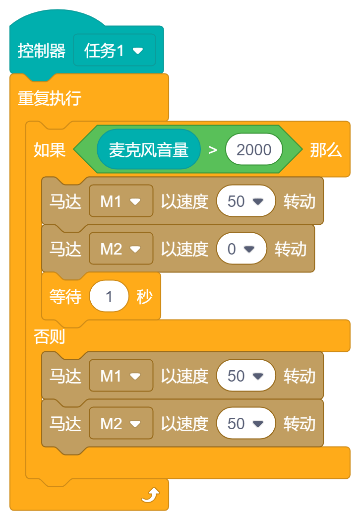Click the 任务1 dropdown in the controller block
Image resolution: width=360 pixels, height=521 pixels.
114,50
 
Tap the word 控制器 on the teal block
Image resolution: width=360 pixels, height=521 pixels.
41,51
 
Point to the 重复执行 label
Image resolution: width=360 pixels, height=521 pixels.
49,98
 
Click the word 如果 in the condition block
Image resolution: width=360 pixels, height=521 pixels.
49,150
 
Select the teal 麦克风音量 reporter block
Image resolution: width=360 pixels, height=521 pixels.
148,150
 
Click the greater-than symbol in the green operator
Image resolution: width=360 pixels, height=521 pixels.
213,150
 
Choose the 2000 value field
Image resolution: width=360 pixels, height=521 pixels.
254,150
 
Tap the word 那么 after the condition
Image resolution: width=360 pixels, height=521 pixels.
325,150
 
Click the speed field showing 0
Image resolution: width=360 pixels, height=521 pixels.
241,249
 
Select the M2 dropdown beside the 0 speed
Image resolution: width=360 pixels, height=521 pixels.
120,249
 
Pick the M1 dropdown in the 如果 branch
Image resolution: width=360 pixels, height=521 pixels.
120,201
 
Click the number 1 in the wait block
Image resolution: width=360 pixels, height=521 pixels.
109,297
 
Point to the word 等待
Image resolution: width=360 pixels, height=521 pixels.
65,297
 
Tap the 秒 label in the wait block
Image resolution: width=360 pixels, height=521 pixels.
144,297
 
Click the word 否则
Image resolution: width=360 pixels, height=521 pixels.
49,337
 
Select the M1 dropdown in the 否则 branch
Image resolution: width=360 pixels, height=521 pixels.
120,376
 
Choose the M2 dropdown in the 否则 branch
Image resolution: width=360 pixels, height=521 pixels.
120,424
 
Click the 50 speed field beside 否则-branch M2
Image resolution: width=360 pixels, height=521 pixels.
245,424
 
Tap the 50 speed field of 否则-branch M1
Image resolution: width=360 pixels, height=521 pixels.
245,376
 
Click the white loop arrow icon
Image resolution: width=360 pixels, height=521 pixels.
151,495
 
